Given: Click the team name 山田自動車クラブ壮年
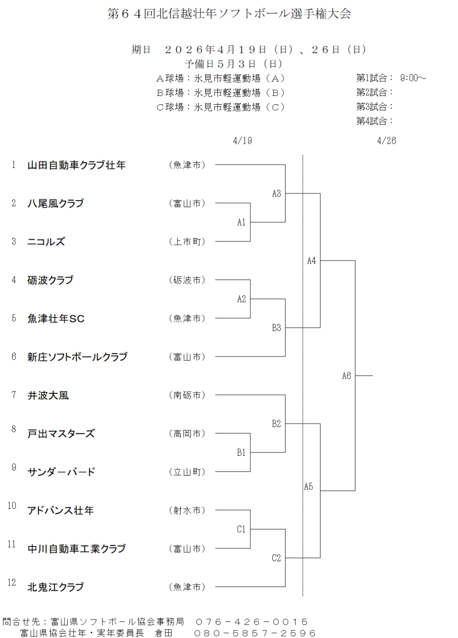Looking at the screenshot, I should (76, 165).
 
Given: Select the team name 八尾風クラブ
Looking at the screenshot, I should (56, 204).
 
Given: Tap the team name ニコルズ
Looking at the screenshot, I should (46, 242).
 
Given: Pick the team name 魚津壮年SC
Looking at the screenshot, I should (56, 319).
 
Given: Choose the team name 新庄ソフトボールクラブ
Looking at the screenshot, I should (77, 357).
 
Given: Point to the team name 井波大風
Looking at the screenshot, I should (48, 395).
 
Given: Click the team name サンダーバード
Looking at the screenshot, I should (61, 472).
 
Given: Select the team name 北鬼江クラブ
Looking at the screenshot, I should (56, 587).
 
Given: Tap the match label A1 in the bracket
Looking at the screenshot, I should (242, 223).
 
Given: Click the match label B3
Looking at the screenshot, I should (276, 328).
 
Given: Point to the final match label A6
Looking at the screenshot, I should (346, 375).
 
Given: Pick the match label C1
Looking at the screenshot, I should (241, 529).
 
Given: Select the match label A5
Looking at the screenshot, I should (308, 487).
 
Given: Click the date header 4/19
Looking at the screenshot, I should (243, 141).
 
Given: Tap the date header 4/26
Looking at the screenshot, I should (386, 141).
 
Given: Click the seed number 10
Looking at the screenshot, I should (12, 506).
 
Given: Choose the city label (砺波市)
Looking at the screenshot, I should (187, 280).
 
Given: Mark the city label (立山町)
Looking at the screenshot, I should (187, 472).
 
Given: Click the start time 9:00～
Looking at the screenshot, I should (413, 78).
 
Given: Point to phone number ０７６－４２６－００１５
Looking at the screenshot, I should (251, 622).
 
